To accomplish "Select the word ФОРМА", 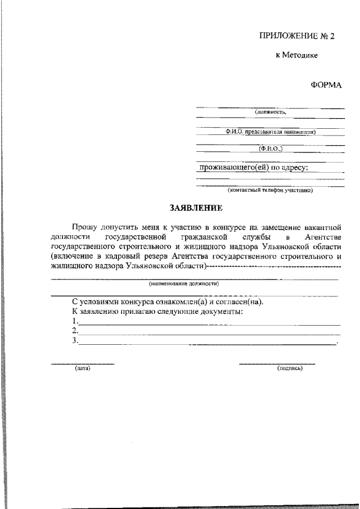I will point(326,85).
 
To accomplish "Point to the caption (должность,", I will point(271,112).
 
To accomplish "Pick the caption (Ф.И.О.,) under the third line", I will point(271,149).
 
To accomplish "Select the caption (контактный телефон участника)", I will point(270,190).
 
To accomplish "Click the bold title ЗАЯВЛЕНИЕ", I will point(196,208).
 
